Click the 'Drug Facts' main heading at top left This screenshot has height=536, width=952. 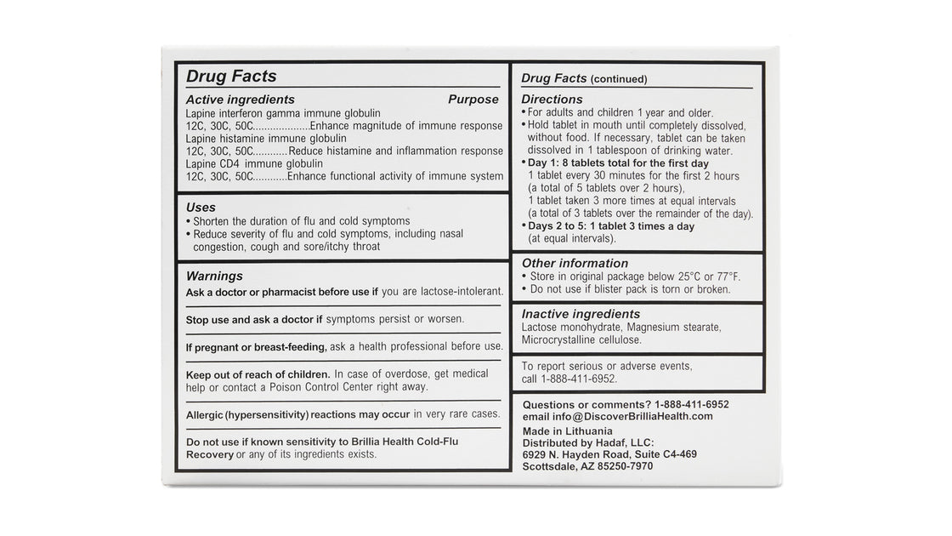tap(231, 77)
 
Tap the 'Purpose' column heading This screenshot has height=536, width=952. tap(473, 100)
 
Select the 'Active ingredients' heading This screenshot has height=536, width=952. tap(241, 100)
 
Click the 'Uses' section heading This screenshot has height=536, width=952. tap(201, 207)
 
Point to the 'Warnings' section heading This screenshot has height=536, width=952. tap(214, 277)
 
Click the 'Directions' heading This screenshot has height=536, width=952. tap(552, 100)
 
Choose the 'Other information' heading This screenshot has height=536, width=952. tap(575, 264)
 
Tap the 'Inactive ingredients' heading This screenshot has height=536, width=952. tap(581, 314)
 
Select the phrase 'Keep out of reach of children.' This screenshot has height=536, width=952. tap(258, 374)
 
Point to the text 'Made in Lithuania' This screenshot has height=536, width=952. tap(567, 431)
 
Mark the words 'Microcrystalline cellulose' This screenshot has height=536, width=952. tap(581, 339)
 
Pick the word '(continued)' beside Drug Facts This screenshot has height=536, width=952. tap(619, 79)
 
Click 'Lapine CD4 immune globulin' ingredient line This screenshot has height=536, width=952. tap(254, 164)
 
